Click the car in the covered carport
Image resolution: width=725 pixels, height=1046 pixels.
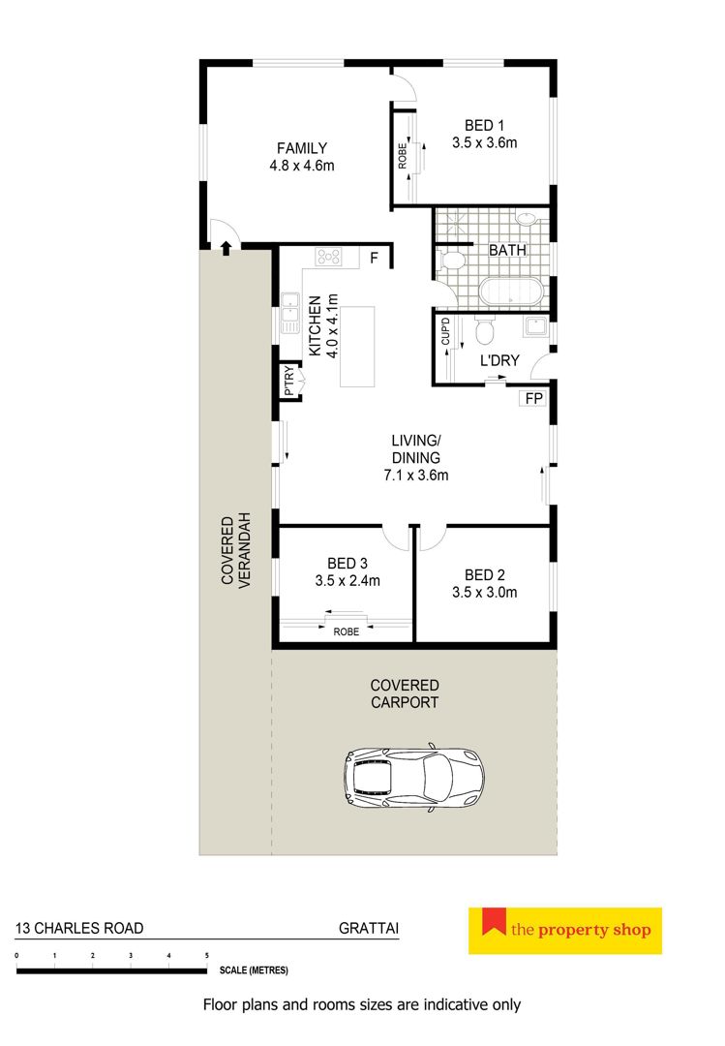tap(413, 777)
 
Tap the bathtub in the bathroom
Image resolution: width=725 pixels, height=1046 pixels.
tap(511, 292)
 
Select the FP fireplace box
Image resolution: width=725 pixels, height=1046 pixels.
tap(533, 398)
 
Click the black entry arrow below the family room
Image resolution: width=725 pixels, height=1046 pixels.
tap(227, 248)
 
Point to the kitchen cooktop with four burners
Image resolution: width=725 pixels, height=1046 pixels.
tap(329, 256)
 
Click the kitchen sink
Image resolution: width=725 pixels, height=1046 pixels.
tap(290, 312)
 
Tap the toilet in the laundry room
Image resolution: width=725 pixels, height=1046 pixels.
tap(485, 330)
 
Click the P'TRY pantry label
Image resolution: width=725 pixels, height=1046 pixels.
tap(288, 381)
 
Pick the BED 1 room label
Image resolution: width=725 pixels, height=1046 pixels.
tap(484, 125)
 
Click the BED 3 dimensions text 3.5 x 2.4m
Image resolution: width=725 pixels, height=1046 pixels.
tap(347, 581)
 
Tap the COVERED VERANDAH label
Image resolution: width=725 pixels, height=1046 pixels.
tap(236, 550)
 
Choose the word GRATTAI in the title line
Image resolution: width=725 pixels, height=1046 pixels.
tap(369, 928)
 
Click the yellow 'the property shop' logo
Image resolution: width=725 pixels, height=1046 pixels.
tap(565, 931)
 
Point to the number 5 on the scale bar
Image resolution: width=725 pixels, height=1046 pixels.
tap(207, 955)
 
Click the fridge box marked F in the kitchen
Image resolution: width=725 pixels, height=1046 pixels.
tap(375, 257)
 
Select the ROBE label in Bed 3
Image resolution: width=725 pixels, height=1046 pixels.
tap(347, 631)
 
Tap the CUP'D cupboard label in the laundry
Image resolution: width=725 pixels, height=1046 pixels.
tap(445, 331)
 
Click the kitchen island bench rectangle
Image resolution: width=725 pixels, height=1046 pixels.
tap(357, 346)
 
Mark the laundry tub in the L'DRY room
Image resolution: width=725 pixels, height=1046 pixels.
tap(535, 326)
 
